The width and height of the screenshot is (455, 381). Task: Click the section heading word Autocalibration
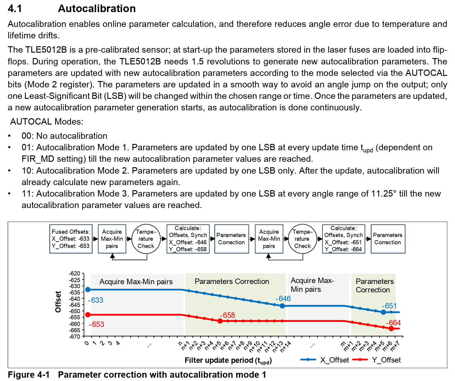97,8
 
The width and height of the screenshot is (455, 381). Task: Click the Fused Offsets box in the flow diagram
71,239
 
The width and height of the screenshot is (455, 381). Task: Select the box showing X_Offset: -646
188,239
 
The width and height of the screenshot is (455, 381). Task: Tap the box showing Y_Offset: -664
344,239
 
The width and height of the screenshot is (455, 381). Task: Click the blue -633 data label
96,300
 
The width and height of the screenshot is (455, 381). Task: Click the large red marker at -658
220,321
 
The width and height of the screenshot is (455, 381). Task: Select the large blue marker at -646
282,306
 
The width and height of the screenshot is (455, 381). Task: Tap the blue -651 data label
389,306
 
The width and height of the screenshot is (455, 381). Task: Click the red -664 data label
393,323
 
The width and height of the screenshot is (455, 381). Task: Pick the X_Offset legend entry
325,360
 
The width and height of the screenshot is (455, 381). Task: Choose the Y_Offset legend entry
377,360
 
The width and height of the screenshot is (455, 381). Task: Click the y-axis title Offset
58,302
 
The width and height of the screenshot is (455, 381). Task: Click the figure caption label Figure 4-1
29,375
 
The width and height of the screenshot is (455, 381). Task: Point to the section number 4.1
15,8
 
